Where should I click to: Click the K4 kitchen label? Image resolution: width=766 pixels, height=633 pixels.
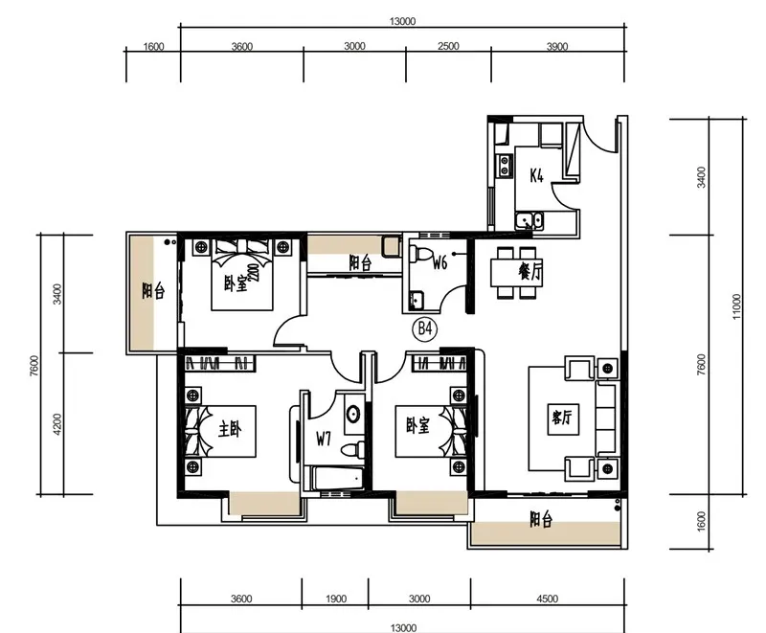point(536,175)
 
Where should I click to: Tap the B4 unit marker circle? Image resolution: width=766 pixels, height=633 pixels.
point(425,329)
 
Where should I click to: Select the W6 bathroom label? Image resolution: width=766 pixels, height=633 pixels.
point(439,263)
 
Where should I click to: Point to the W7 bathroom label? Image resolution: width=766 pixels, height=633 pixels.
point(324,440)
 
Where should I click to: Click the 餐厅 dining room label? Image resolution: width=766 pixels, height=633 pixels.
point(530,272)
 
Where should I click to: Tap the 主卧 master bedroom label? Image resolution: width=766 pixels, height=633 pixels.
point(230,429)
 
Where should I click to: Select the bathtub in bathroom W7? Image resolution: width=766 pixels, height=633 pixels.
point(338,479)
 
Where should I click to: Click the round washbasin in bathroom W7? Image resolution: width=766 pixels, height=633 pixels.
point(353,414)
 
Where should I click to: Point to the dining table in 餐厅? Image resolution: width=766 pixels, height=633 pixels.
point(516,273)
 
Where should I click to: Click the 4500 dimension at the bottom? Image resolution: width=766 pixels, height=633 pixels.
point(547,599)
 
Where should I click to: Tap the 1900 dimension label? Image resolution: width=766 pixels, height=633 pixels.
point(336,599)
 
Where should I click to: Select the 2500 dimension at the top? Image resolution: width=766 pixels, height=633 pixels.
point(448,46)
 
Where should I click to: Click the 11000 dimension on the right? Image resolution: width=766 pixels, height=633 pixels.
point(736,306)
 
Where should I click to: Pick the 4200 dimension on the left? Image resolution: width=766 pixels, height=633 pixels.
point(57,424)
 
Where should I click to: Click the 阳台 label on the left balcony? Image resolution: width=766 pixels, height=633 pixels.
point(153,291)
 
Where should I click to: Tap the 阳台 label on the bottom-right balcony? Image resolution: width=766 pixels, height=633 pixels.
point(541,520)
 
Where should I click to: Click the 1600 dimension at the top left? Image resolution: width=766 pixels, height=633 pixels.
point(153,47)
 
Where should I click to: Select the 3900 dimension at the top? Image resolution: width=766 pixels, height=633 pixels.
point(557,46)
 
